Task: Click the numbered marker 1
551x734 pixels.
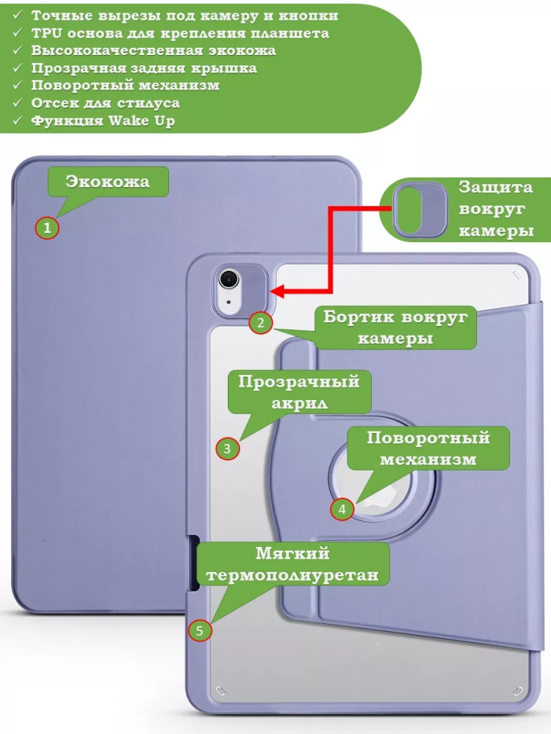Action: pos(47,228)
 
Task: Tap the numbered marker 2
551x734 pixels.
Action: pos(260,323)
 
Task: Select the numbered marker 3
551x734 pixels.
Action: pos(227,448)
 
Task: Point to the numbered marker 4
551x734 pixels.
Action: pos(341,509)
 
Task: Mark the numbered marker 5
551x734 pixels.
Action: pos(200,630)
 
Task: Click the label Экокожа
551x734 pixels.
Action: pos(108,182)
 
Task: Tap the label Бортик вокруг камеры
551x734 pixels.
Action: pos(395,327)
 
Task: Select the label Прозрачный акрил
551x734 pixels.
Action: pos(298,392)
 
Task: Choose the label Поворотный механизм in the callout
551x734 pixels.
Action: pos(428,448)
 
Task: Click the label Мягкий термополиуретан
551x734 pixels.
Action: pos(292,564)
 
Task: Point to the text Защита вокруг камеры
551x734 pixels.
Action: pos(495,209)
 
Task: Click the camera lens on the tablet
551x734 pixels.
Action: pos(230,279)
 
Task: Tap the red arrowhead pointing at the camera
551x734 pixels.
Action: pos(281,291)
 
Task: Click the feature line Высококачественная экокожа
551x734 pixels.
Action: pos(154,51)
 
